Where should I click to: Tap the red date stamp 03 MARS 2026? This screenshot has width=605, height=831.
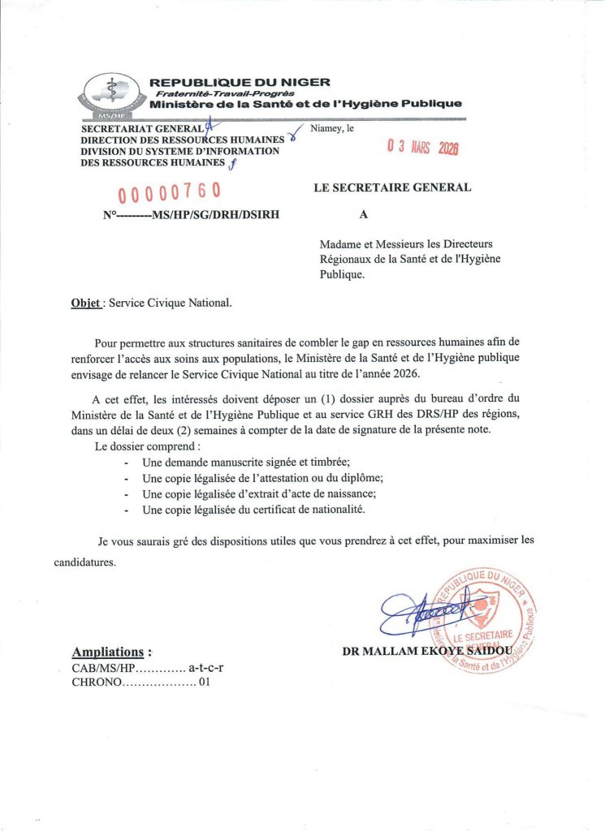[422, 148]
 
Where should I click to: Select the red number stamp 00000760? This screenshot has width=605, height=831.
[170, 193]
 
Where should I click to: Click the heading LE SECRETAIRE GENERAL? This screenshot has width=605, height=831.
[392, 187]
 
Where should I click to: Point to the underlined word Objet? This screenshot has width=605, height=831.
[85, 304]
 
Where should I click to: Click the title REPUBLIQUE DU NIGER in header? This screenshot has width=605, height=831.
[240, 82]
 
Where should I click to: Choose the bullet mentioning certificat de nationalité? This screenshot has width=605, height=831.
[253, 510]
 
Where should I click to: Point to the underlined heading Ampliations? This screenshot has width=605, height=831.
[111, 652]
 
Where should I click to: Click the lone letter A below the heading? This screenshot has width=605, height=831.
[363, 215]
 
